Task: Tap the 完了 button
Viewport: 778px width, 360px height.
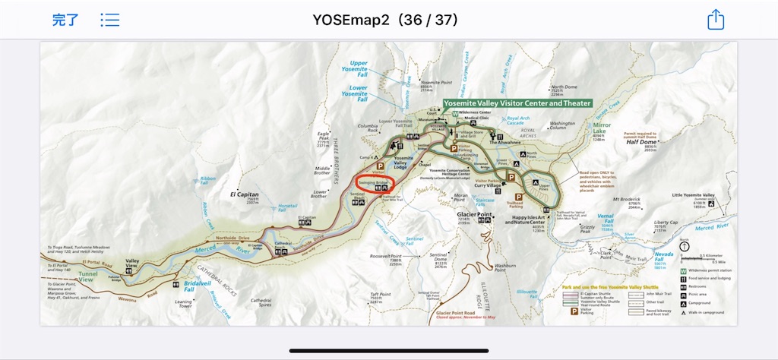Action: pos(65,20)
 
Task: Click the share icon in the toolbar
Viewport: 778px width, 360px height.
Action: pos(716,20)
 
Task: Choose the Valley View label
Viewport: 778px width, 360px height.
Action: pos(131,264)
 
